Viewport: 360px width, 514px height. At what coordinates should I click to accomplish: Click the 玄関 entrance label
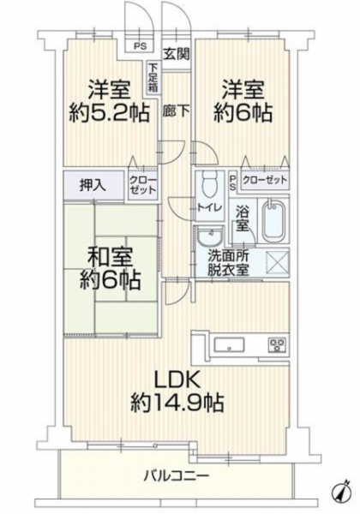point(177,54)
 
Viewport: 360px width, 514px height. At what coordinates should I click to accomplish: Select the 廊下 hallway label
point(176,111)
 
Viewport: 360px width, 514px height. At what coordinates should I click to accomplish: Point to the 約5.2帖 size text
point(109,113)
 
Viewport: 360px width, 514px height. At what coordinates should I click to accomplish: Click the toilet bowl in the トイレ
point(208,184)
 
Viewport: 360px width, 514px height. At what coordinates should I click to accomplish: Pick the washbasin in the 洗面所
point(210,236)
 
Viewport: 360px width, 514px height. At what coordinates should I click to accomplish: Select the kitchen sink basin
point(229,345)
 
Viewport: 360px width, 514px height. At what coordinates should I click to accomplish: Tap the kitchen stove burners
point(278,345)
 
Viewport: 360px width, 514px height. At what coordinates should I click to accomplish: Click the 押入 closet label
point(93,186)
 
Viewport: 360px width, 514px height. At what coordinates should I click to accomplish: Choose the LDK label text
point(177,381)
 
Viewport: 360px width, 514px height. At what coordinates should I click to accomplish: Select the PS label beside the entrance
point(141,46)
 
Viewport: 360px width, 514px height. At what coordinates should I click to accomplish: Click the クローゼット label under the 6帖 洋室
point(265,180)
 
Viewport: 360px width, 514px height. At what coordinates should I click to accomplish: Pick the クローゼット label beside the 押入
point(143,185)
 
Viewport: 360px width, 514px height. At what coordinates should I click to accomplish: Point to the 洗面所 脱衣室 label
point(229,263)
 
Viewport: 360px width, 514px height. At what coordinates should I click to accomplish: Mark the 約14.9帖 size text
point(177,403)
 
